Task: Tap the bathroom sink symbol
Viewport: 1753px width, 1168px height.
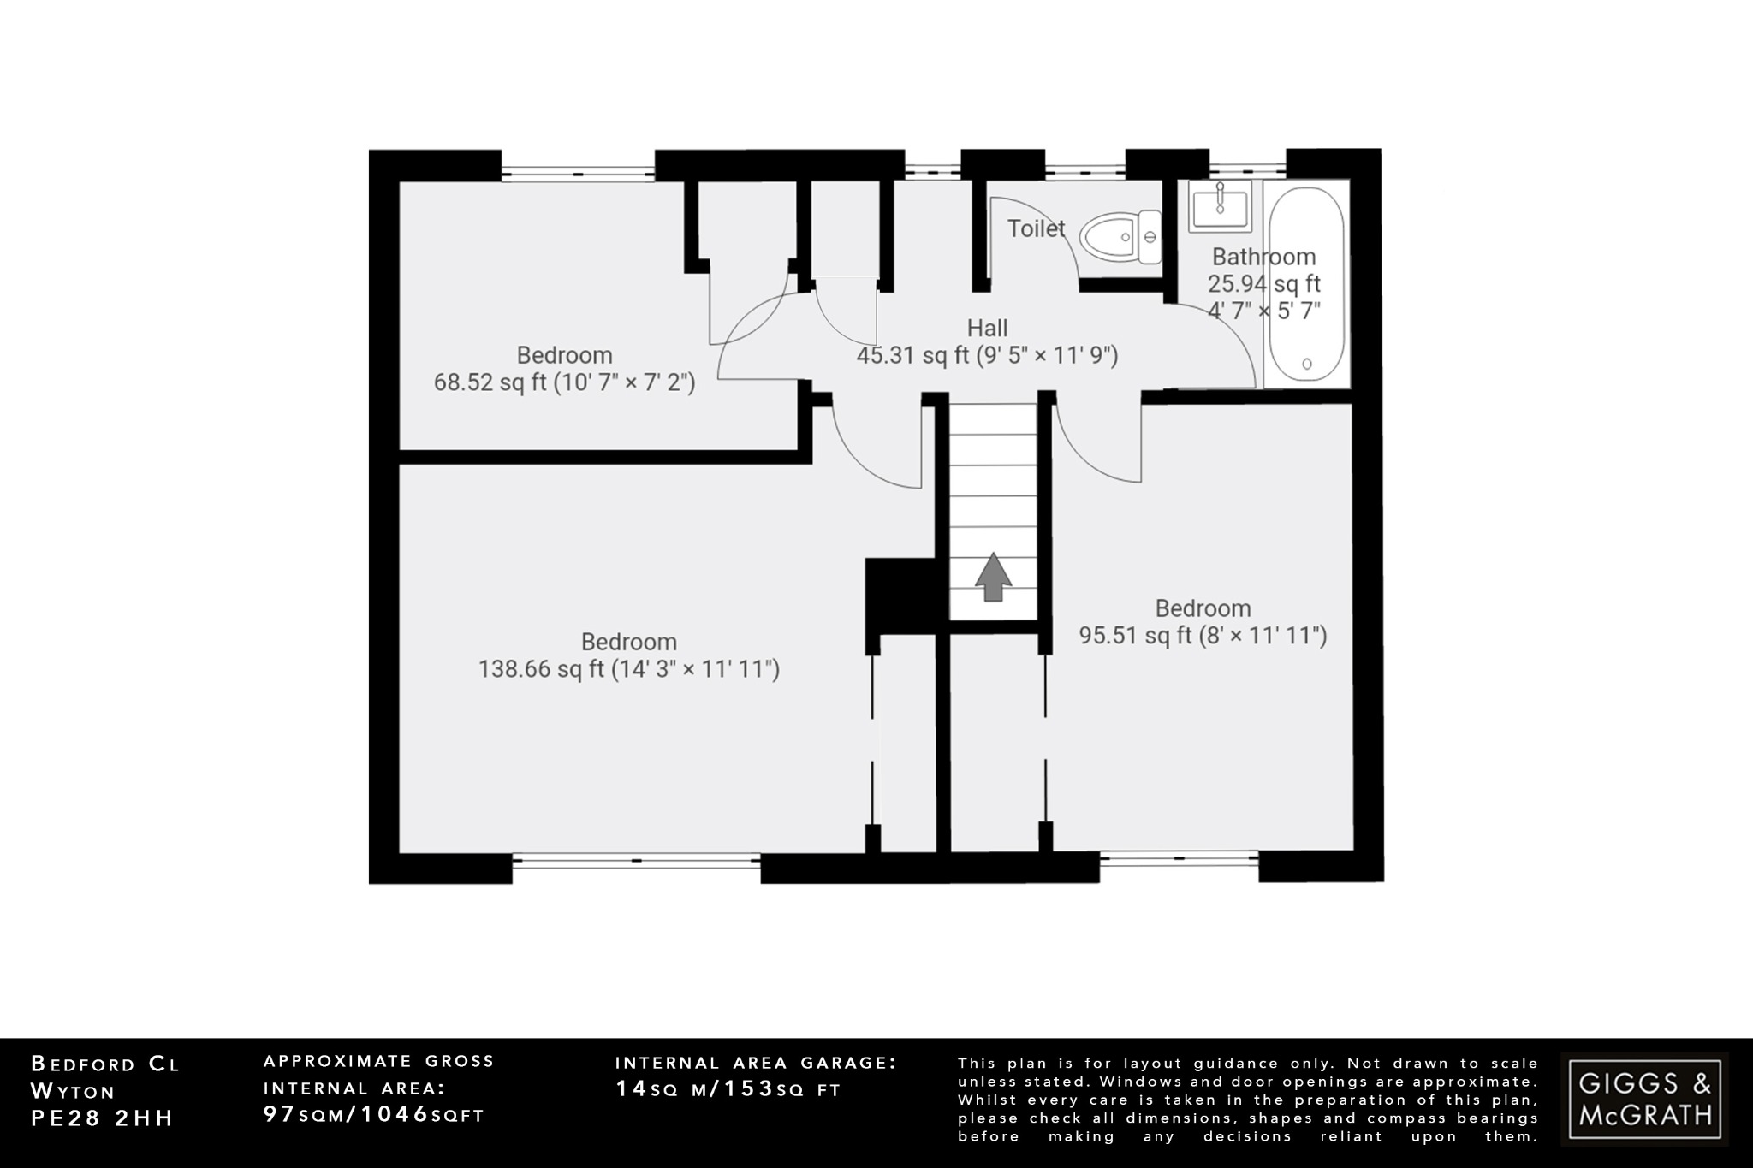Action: pos(1220,205)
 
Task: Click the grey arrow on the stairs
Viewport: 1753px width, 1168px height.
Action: pos(993,577)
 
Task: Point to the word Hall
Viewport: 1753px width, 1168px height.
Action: pos(987,328)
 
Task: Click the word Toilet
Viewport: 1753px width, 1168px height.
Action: pos(1036,228)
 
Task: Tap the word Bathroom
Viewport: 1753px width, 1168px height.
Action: pos(1263,257)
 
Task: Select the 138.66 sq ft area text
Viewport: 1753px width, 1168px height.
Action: pos(628,669)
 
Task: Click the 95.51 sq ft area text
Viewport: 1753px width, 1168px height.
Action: pos(1203,636)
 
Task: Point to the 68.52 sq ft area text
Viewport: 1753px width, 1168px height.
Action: pos(564,382)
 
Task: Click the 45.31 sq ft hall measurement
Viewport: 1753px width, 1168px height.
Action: pos(987,355)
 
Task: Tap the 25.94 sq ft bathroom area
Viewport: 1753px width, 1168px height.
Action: pos(1263,284)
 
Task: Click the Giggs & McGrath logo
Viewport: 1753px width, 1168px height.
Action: pos(1644,1099)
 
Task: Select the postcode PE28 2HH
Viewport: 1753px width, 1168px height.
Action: pos(103,1118)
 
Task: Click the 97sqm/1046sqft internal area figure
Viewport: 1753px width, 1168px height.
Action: pos(374,1115)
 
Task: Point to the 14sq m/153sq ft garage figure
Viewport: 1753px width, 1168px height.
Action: pos(728,1089)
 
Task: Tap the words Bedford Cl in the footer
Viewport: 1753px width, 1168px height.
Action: pos(106,1064)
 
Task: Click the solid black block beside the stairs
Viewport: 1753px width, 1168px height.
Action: pos(899,596)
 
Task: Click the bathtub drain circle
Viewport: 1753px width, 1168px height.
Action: pos(1307,364)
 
